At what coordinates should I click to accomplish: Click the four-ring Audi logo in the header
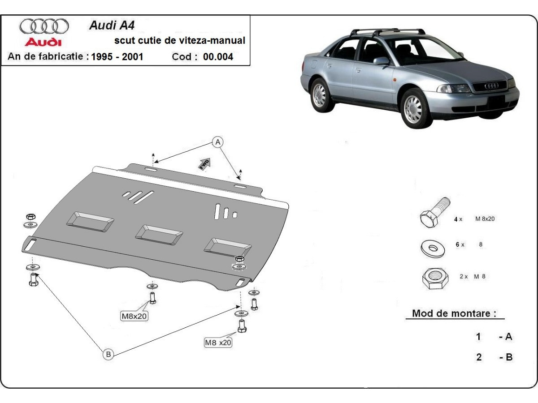tap(43, 26)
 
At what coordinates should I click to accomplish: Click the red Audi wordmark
tap(43, 42)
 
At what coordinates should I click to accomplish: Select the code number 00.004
tap(218, 57)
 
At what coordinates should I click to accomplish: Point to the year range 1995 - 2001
tap(117, 57)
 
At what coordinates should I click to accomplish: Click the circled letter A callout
tap(218, 142)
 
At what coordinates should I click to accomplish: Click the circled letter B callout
tap(108, 354)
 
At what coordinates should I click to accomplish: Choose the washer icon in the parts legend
tap(432, 247)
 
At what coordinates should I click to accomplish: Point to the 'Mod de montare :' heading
tap(454, 313)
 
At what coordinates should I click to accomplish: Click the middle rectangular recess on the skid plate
tap(159, 235)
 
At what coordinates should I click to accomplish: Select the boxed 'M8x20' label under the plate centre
tap(134, 316)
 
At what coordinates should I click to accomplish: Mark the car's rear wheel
tap(320, 94)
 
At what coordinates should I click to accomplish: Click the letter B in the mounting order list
tap(508, 357)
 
